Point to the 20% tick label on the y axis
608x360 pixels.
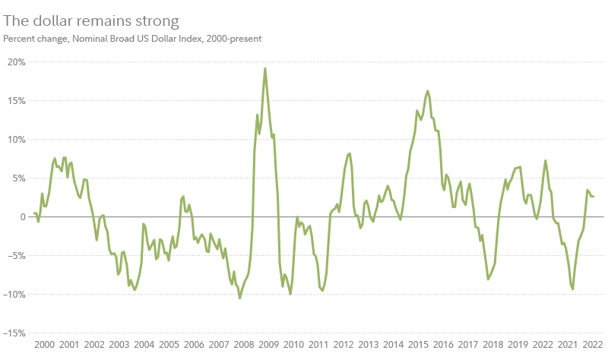click(x=16, y=62)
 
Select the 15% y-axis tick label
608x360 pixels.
click(x=16, y=100)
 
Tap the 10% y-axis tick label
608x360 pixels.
click(x=16, y=139)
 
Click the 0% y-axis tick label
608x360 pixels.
click(x=19, y=216)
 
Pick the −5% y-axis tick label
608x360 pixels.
click(x=16, y=255)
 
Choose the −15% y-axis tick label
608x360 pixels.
click(x=14, y=333)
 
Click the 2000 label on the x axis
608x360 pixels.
click(x=45, y=344)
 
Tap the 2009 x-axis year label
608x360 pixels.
click(x=268, y=344)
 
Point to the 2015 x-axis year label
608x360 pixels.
click(x=418, y=344)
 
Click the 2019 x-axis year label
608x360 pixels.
click(x=518, y=344)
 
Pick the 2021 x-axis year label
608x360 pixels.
click(x=568, y=344)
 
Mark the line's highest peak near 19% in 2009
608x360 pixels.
click(x=264, y=68)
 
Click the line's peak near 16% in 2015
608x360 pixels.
click(x=428, y=91)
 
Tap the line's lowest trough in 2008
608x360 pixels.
click(x=240, y=298)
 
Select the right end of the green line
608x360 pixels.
click(x=594, y=197)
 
